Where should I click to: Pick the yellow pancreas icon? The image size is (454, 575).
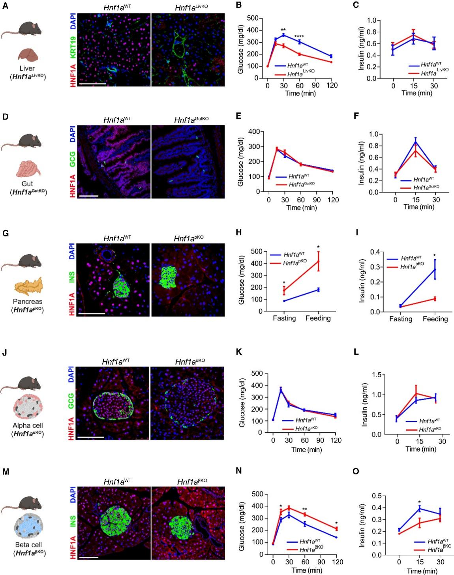coord(28,287)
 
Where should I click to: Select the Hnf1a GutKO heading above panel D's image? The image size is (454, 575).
coord(191,119)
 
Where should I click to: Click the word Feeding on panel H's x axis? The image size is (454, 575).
coord(318,318)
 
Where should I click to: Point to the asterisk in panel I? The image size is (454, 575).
coord(434,255)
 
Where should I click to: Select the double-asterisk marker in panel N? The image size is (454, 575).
coord(304,509)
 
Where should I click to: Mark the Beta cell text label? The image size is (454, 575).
coord(28,545)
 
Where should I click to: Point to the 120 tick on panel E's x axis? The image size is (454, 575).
coord(333,200)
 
